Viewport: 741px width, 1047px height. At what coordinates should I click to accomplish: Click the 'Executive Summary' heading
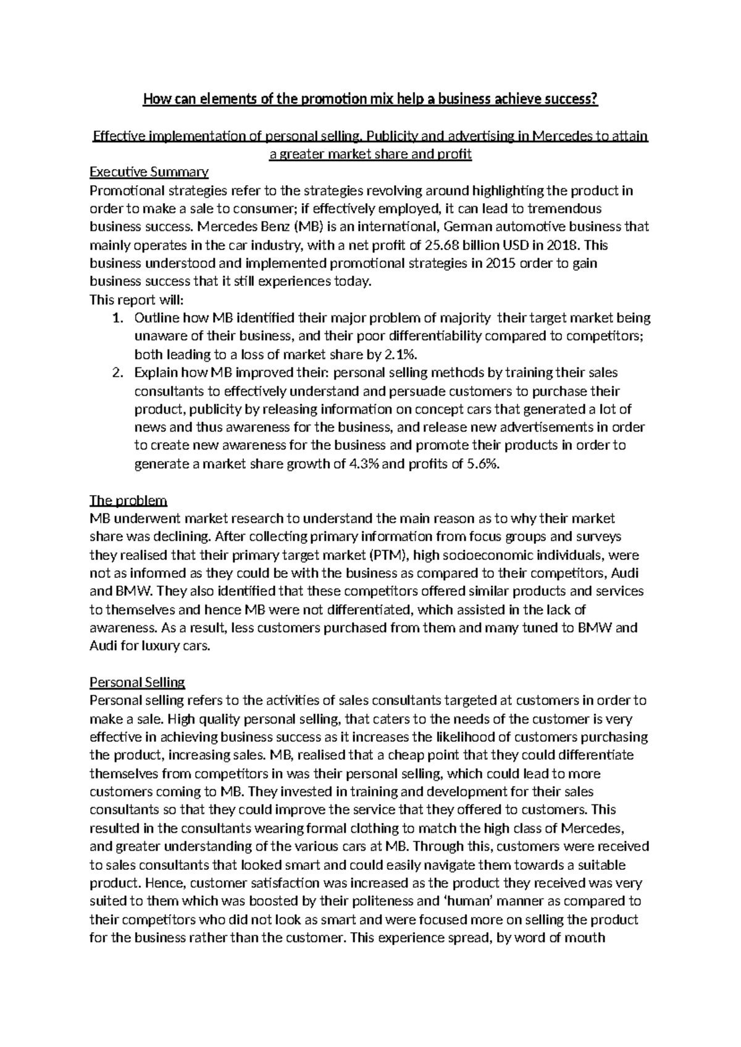(149, 172)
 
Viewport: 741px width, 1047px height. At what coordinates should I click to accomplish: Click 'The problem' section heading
(128, 500)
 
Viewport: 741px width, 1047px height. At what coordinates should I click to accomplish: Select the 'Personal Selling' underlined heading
(137, 682)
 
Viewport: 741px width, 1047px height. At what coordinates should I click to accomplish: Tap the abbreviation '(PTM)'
(380, 555)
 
